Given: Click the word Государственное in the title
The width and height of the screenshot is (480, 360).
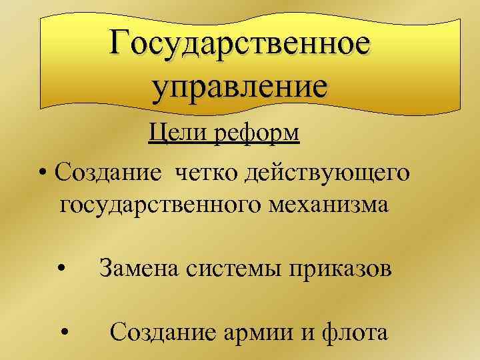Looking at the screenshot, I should (240, 44).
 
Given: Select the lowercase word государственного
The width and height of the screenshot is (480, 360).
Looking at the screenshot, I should (159, 203).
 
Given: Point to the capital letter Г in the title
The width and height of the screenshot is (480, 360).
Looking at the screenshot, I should (122, 44).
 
